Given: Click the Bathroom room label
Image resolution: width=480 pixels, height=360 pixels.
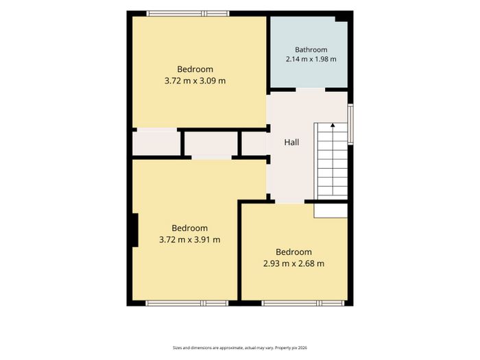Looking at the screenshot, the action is click(311, 49).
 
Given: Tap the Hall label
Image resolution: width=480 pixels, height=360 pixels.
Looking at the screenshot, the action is click(291, 143).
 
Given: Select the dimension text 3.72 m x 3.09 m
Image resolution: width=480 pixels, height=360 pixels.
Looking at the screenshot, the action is click(195, 81).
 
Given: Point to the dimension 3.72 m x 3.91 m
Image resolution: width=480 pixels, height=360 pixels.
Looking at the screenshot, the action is click(189, 240).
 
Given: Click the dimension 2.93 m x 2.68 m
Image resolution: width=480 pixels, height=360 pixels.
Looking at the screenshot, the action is click(293, 263).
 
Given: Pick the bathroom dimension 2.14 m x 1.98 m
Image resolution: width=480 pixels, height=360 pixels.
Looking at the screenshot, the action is click(311, 59).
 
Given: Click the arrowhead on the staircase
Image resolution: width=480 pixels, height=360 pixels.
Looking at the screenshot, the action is click(333, 125).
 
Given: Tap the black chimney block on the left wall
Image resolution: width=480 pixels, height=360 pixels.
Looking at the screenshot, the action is click(135, 230).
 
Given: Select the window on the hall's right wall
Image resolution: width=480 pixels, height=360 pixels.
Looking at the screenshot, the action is click(350, 123).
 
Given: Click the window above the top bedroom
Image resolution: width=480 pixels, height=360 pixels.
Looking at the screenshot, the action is click(188, 14).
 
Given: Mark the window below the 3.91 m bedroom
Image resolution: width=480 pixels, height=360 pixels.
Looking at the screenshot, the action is click(187, 303).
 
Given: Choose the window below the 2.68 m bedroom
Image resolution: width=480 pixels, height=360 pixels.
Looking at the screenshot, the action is click(303, 303).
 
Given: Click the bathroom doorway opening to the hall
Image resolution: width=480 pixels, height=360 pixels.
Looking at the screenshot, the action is click(311, 90).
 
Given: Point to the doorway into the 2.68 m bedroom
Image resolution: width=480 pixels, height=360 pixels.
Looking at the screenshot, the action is click(289, 202).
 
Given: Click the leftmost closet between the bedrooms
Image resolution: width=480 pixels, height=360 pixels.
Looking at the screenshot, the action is click(156, 143).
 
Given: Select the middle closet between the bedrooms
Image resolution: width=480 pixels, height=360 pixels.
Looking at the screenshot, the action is click(211, 144).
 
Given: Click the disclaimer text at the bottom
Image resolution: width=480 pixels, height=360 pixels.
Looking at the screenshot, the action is click(240, 348).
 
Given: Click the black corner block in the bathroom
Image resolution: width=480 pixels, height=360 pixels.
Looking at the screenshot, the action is click(342, 17).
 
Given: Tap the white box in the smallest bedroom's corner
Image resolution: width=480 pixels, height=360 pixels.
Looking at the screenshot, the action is click(331, 211).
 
